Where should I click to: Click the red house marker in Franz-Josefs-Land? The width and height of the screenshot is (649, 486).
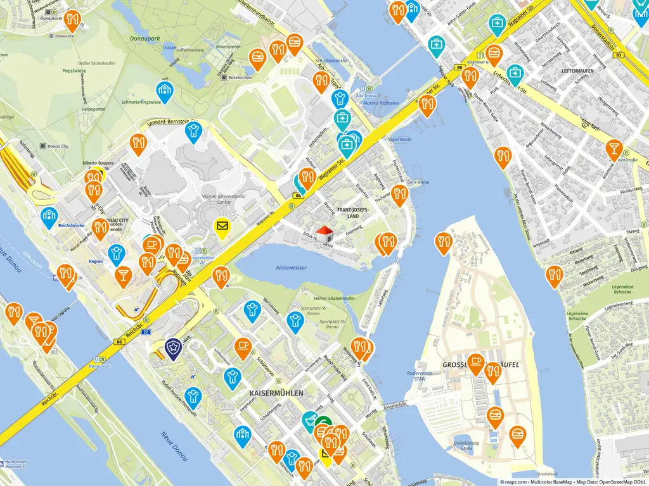pos(324,234)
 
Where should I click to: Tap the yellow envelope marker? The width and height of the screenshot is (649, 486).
pos(222,226)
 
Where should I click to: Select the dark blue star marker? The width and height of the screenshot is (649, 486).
pos(172,346)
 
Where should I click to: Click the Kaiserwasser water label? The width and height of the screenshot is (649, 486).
pos(291,268)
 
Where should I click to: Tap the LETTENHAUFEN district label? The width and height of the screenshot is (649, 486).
pos(577,71)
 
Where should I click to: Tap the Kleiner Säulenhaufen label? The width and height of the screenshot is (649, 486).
pos(334,297)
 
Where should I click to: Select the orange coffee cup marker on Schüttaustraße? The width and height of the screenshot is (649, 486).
pos(242,346)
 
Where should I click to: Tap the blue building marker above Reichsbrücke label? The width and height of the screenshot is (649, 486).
pos(49,216)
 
